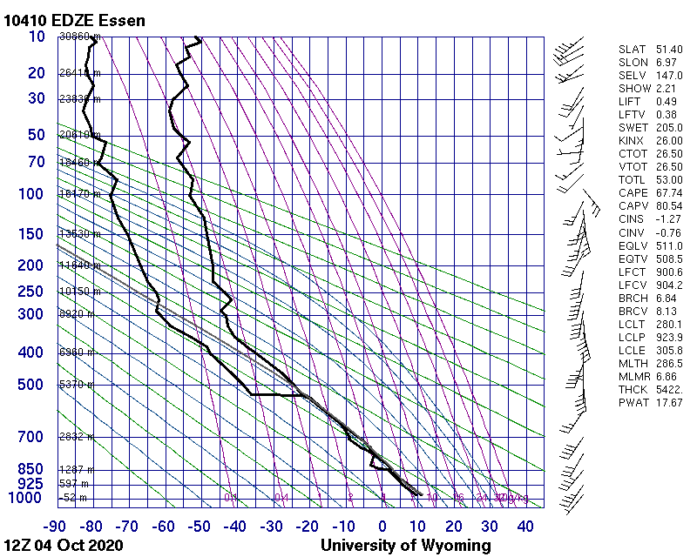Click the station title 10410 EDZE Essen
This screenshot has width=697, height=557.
pos(75,20)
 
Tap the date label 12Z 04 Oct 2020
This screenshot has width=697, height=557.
pos(64,546)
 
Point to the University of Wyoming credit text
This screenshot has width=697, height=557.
pos(406,546)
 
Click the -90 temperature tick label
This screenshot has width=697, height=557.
pos(57,526)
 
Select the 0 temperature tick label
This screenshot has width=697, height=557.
pos(382,526)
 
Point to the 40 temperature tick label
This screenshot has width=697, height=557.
pos(525,526)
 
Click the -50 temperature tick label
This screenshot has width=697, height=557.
pos(200,526)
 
